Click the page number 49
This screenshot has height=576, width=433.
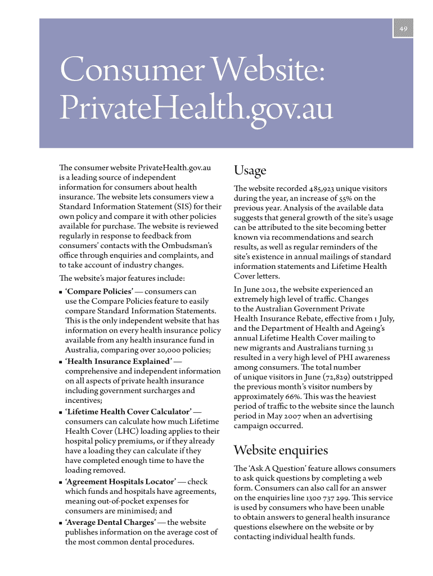404,29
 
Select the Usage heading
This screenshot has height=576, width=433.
250,170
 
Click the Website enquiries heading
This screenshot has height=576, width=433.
281,450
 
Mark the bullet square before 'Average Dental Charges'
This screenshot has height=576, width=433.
60,523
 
